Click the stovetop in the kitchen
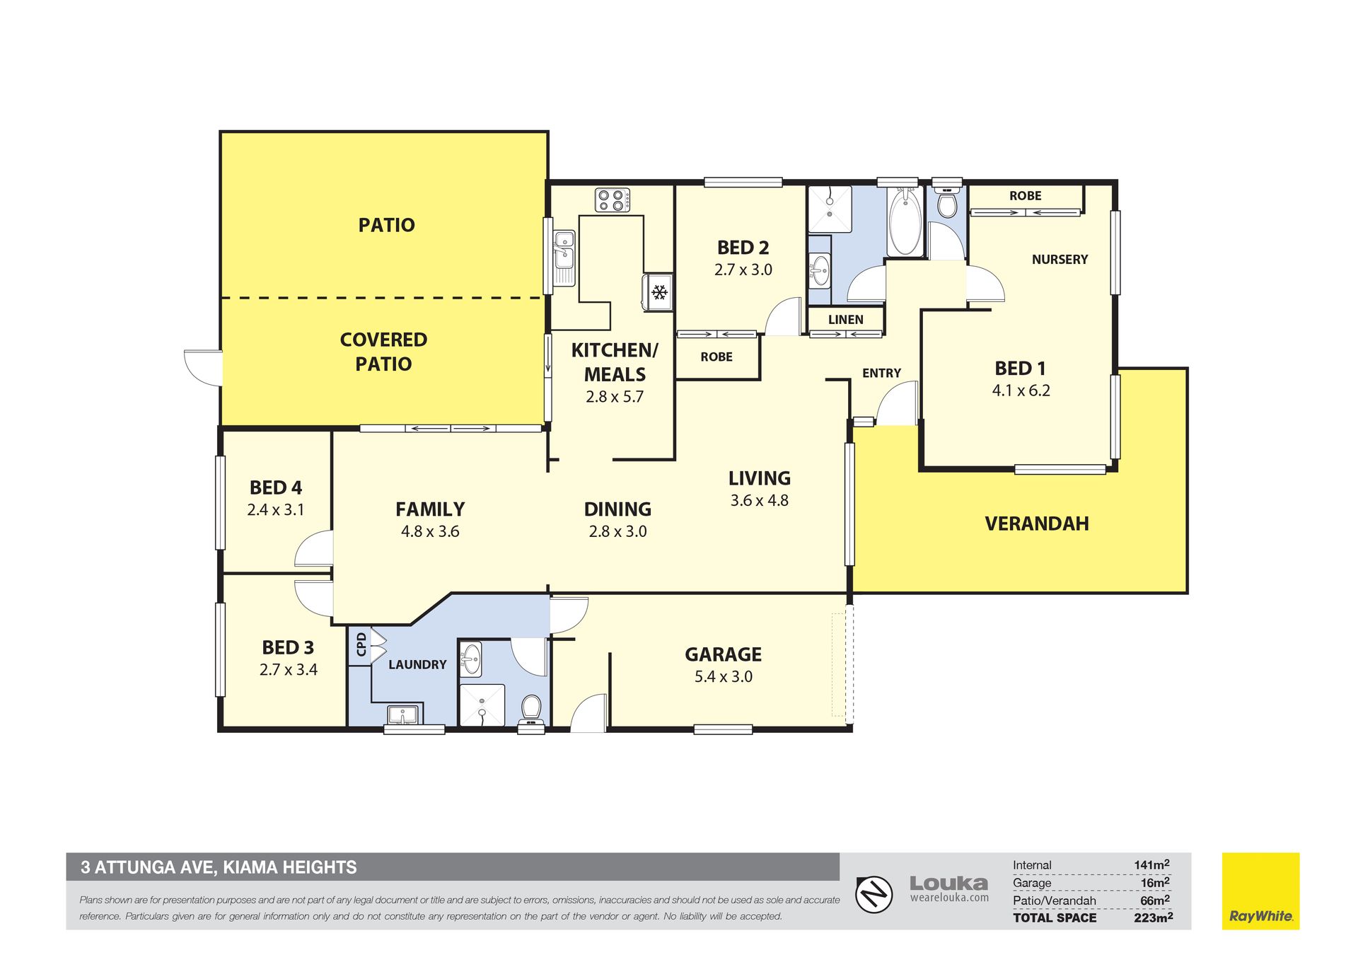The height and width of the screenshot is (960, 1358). (x=613, y=199)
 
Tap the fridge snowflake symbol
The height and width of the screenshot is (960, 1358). (x=659, y=291)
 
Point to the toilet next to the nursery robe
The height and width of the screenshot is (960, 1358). (x=946, y=202)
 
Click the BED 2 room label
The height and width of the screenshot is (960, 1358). (x=743, y=248)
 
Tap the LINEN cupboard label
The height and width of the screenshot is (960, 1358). (x=845, y=320)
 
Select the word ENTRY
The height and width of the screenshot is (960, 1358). (x=881, y=373)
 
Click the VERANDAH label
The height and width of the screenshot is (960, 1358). (x=1036, y=524)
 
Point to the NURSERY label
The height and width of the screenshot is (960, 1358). (x=1060, y=260)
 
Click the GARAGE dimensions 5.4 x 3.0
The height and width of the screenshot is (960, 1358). (x=723, y=676)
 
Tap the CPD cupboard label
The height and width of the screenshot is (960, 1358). (x=361, y=644)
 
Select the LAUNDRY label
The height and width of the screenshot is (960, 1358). (x=417, y=664)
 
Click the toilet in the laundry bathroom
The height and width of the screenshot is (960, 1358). (x=532, y=710)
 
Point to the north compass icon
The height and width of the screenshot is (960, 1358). (x=874, y=895)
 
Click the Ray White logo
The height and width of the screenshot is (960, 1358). (x=1260, y=891)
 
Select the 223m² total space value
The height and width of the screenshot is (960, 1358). (x=1153, y=918)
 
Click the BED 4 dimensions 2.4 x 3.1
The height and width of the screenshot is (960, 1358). (x=275, y=510)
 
